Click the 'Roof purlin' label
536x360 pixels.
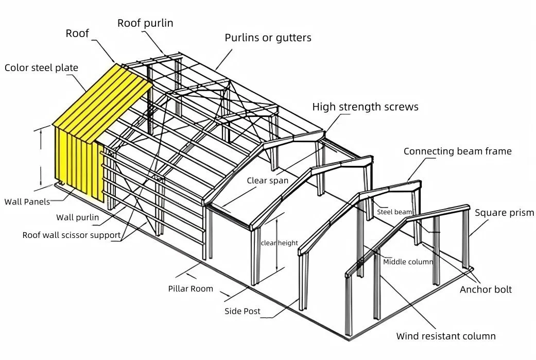pos(145,23)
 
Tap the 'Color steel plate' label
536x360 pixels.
pos(41,68)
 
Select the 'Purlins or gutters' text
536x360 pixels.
pos(268,38)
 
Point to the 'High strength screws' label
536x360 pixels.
pos(365,107)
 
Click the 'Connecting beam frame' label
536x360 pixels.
pos(457,151)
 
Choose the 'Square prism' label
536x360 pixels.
pos(504,213)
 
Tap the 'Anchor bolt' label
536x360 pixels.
pos(486,289)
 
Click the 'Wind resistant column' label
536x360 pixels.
pos(446,336)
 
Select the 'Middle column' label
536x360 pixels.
pos(408,262)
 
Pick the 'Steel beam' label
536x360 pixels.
pos(394,212)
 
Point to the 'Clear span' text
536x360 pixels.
pos(267,181)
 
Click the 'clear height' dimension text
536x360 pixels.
pos(279,243)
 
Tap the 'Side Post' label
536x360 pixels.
pos(242,311)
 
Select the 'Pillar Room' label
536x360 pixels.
pos(191,288)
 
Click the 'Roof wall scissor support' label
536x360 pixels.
pos(72,235)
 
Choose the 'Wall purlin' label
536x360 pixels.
pos(77,217)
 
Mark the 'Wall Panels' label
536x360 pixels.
pos(27,202)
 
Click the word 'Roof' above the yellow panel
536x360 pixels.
pos(77,34)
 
